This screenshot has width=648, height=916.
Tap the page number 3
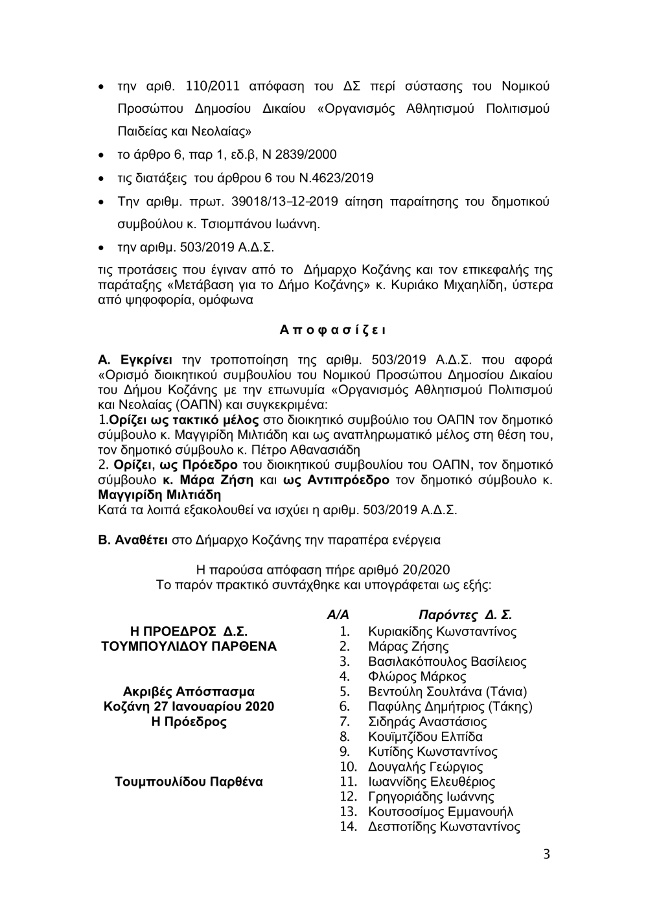click(546, 854)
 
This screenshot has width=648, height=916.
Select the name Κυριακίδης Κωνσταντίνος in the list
click(442, 631)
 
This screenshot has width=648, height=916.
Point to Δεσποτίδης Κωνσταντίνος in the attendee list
click(444, 827)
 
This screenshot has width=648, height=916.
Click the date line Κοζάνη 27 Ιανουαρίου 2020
click(189, 707)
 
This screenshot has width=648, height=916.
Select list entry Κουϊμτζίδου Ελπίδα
click(425, 736)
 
